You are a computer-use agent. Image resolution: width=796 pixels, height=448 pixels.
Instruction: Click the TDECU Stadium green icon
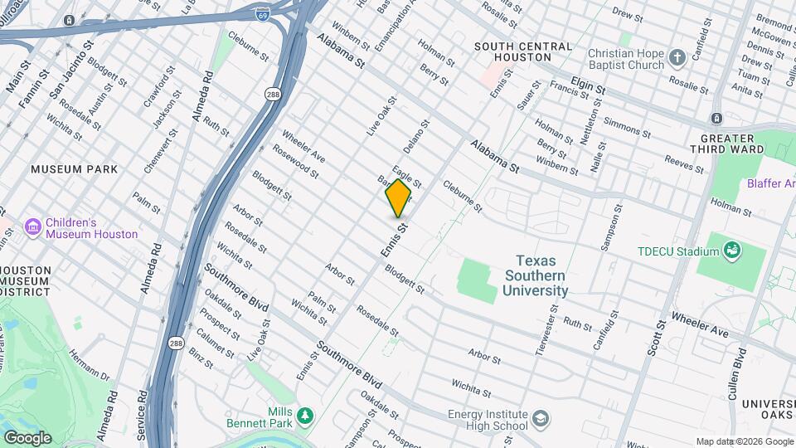731,250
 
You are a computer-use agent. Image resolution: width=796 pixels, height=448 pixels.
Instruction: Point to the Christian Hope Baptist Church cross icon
677,58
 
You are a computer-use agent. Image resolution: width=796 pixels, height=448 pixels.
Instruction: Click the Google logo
27,437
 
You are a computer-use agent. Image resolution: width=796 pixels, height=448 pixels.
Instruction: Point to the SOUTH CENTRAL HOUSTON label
512,51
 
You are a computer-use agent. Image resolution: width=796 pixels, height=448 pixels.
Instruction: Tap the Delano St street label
417,138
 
